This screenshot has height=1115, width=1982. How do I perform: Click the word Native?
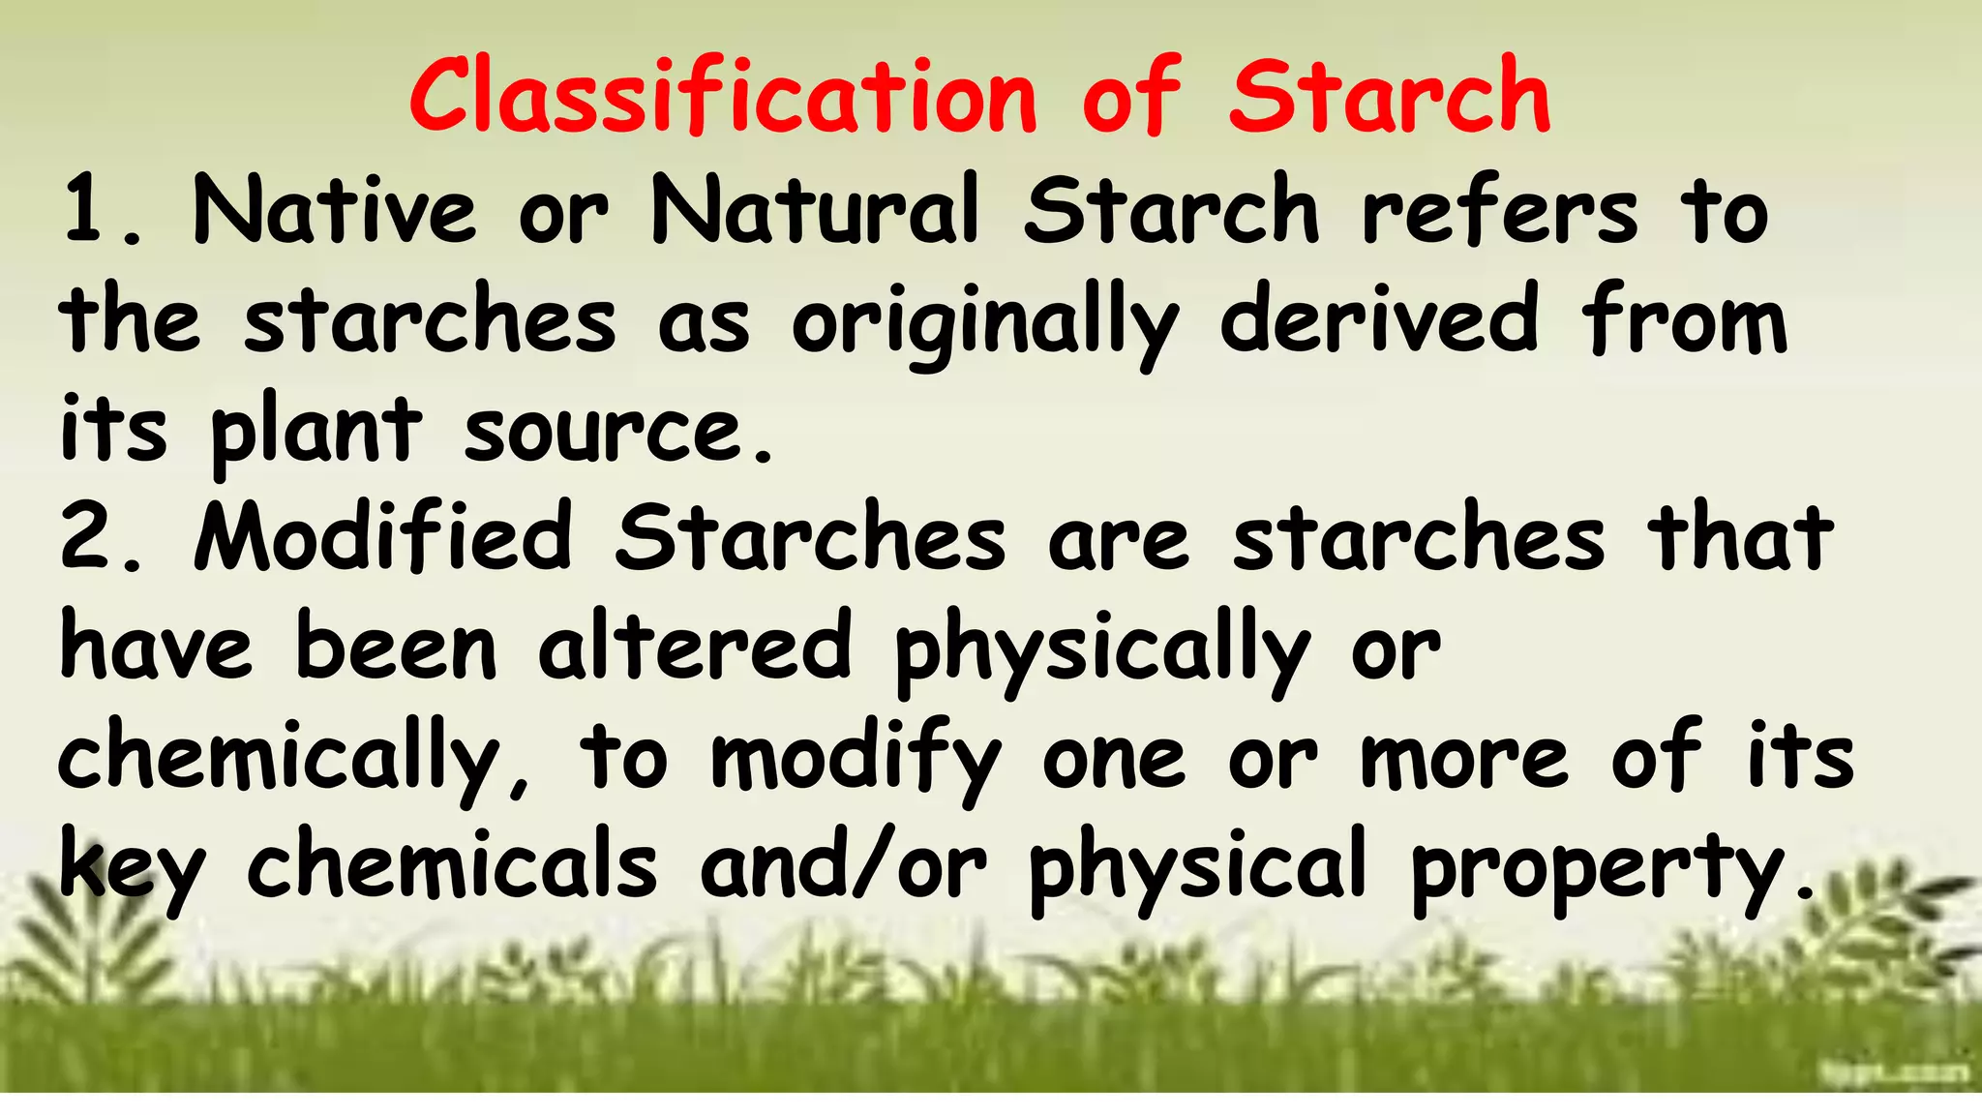(334, 210)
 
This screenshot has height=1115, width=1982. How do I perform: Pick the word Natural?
(816, 210)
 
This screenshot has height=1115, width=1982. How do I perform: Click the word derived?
(1379, 319)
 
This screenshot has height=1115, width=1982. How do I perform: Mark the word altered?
(695, 647)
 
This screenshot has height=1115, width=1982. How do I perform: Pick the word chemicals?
(452, 863)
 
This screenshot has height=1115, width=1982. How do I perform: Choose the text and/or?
(843, 863)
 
